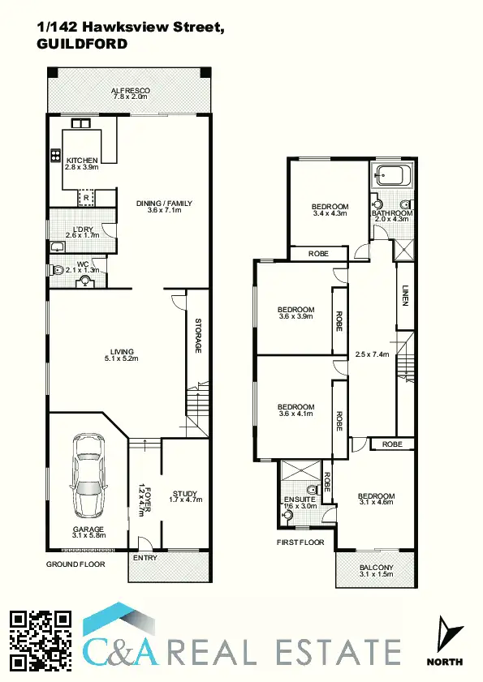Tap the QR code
pyautogui.click(x=41, y=640)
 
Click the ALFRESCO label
pyautogui.click(x=130, y=91)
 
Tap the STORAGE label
pyautogui.click(x=197, y=337)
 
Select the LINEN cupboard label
pyautogui.click(x=403, y=294)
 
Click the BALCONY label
pyautogui.click(x=376, y=568)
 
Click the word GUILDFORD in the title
pyautogui.click(x=82, y=44)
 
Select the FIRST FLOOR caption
pyautogui.click(x=300, y=542)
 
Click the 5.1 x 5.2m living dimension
pyautogui.click(x=123, y=358)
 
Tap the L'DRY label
pyautogui.click(x=82, y=229)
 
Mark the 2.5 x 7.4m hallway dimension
pyautogui.click(x=373, y=354)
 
